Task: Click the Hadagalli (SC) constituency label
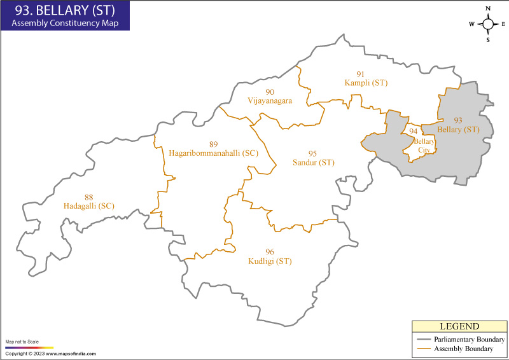click(89, 206)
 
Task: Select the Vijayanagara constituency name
click(270, 101)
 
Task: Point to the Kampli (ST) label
click(366, 83)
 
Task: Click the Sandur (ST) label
click(313, 163)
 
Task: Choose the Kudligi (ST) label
click(270, 261)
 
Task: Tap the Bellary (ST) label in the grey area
click(458, 130)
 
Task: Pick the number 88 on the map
click(89, 197)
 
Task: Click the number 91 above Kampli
click(361, 74)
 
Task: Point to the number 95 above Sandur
click(312, 154)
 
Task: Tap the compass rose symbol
click(488, 24)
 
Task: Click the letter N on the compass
click(488, 8)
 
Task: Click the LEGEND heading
click(459, 326)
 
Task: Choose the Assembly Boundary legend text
click(463, 349)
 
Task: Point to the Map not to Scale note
click(22, 342)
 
